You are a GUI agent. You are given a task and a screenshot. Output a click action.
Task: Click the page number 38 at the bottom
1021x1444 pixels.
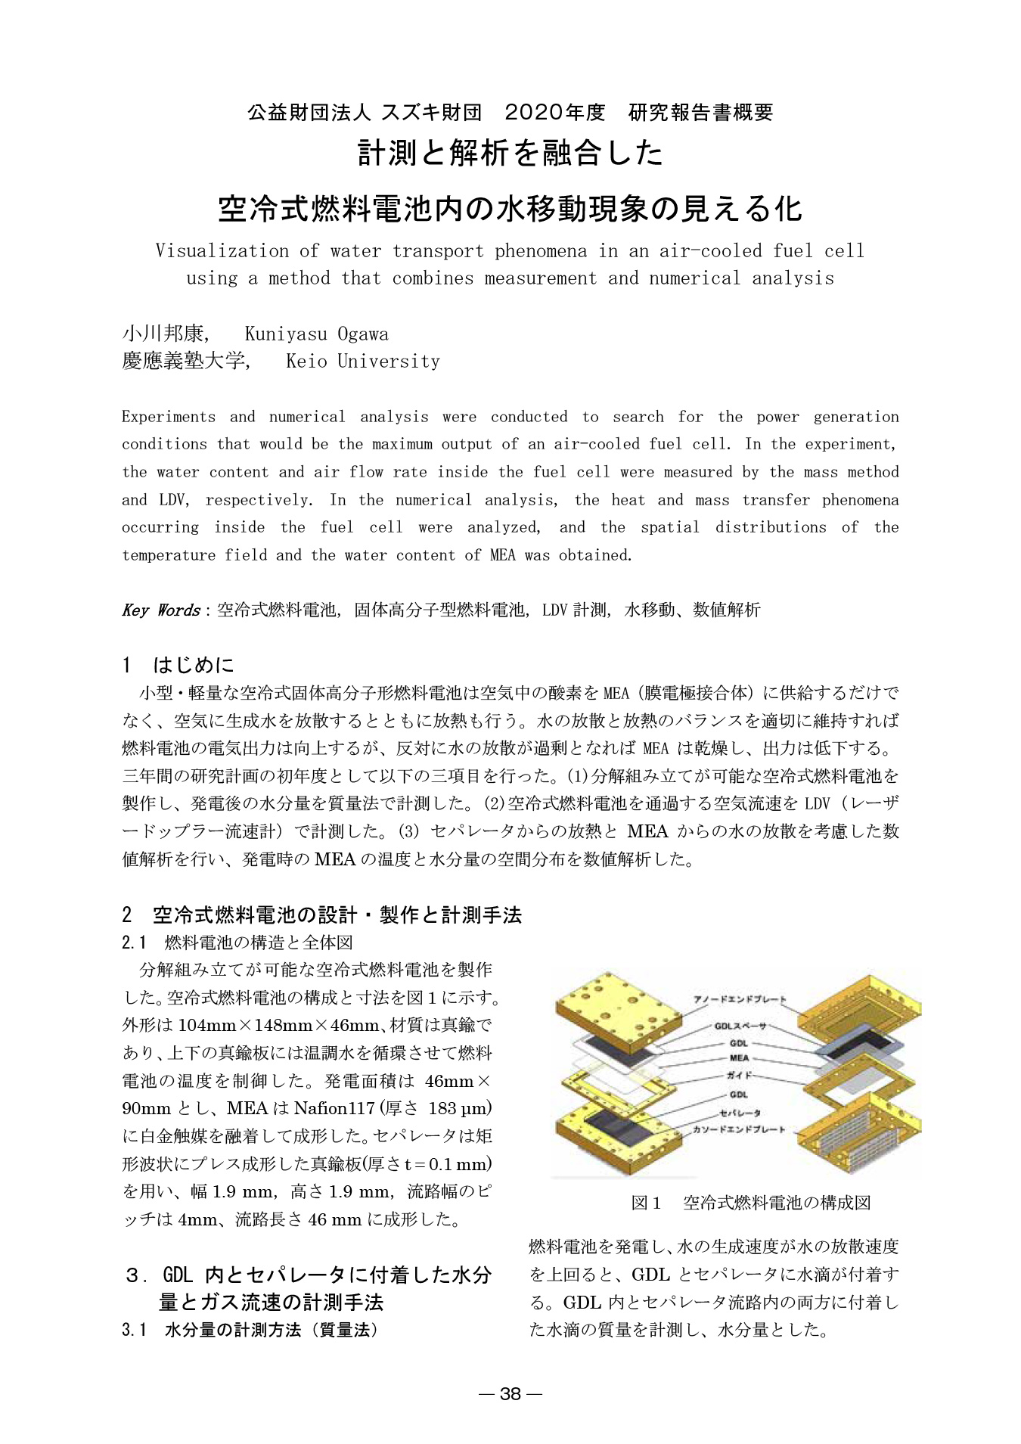pyautogui.click(x=510, y=1394)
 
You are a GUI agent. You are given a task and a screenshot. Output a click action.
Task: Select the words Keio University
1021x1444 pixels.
pyautogui.click(x=363, y=362)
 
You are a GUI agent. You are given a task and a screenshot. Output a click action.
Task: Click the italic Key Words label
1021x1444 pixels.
pyautogui.click(x=160, y=610)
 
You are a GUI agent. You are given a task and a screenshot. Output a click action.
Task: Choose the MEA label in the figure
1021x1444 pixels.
pyautogui.click(x=739, y=1057)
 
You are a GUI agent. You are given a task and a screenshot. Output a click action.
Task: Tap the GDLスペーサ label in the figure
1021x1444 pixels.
pyautogui.click(x=740, y=1026)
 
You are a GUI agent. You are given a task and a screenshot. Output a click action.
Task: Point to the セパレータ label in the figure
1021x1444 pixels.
pyautogui.click(x=740, y=1112)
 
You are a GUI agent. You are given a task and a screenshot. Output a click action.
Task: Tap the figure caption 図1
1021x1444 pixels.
pyautogui.click(x=646, y=1203)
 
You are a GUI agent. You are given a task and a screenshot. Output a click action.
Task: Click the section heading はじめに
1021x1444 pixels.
pyautogui.click(x=194, y=665)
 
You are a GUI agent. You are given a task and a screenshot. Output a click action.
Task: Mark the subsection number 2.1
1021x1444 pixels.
pyautogui.click(x=134, y=942)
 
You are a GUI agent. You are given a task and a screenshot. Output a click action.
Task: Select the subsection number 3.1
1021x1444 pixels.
pyautogui.click(x=134, y=1330)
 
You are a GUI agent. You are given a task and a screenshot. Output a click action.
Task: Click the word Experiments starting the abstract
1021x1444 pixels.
pyautogui.click(x=169, y=417)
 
